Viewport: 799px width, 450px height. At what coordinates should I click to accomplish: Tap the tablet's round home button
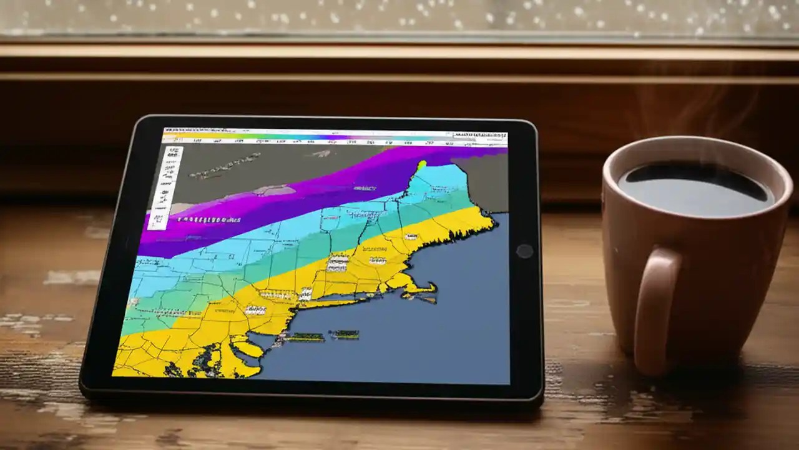coord(524,251)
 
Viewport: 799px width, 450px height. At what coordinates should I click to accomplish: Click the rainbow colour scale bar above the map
coord(312,136)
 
